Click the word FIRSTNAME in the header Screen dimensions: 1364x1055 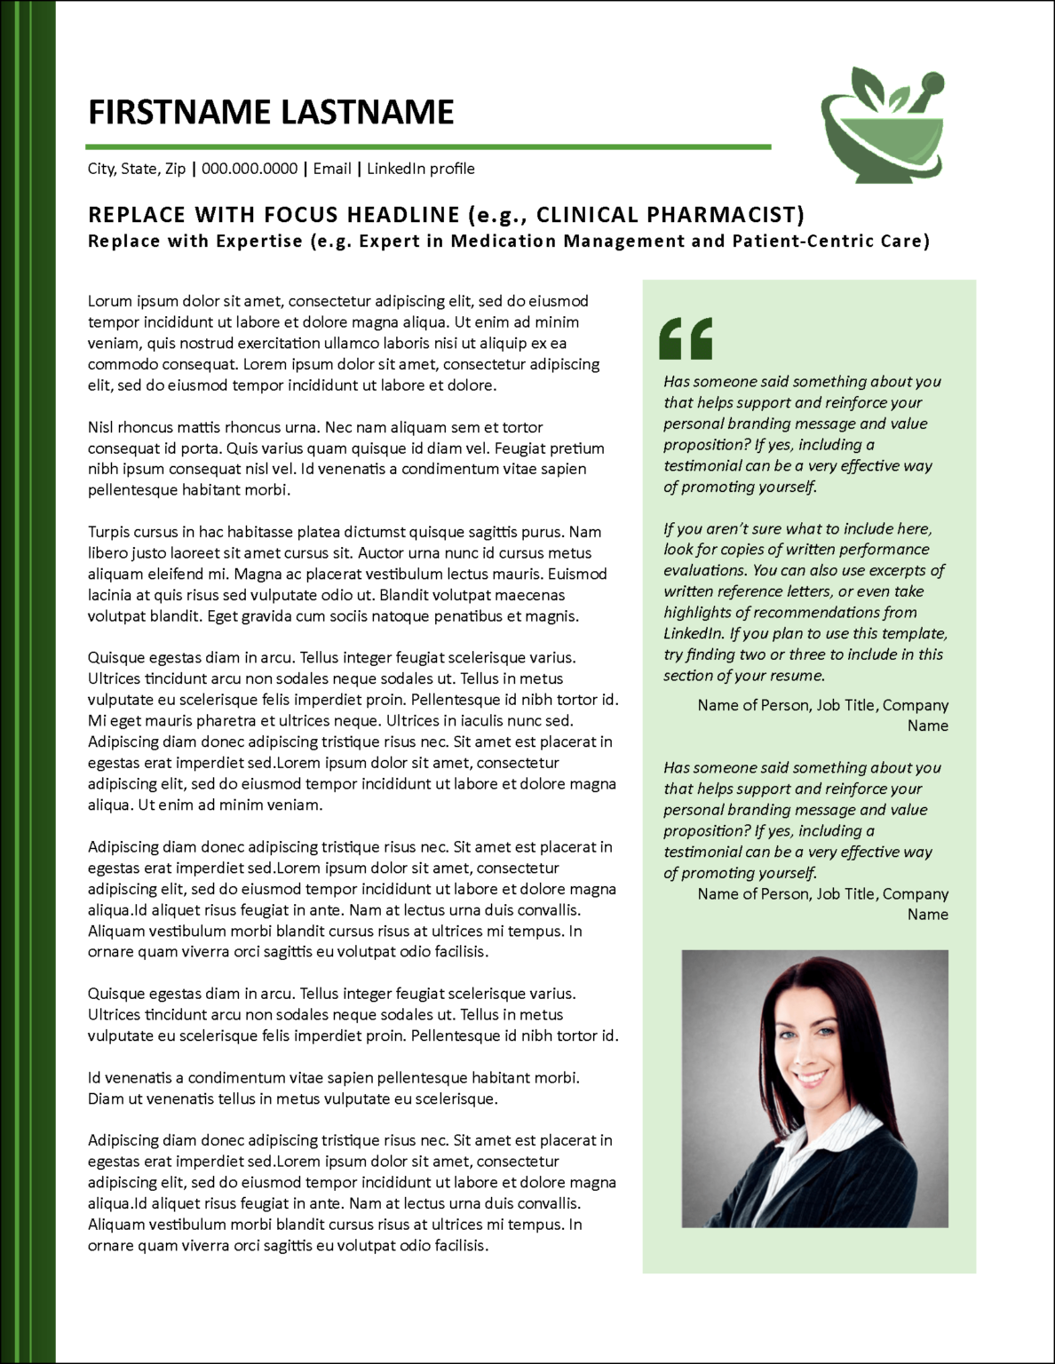coord(179,113)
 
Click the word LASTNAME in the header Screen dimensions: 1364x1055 coord(368,113)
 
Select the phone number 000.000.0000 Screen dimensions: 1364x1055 coord(250,169)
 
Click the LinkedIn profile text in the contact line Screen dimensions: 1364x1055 coord(421,169)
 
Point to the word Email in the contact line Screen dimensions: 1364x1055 coord(332,169)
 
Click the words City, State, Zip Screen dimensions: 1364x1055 coord(137,169)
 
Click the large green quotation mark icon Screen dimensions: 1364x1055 coord(686,338)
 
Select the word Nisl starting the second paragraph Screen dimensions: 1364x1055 coord(100,427)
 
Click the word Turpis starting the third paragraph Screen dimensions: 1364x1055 coord(109,532)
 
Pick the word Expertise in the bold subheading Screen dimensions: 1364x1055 coord(261,242)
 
